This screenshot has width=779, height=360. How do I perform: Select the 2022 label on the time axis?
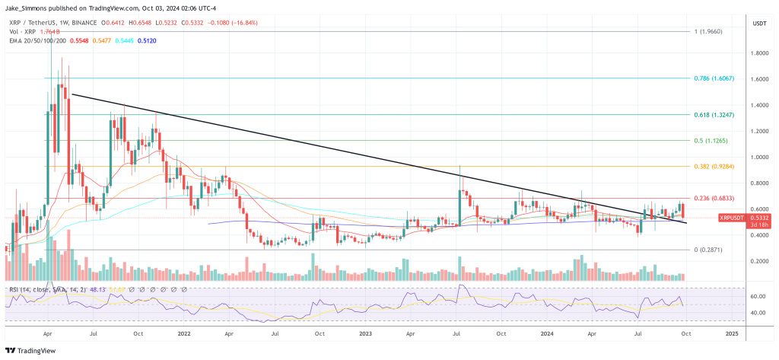(x=183, y=333)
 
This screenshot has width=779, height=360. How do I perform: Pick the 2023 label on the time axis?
(x=366, y=333)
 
